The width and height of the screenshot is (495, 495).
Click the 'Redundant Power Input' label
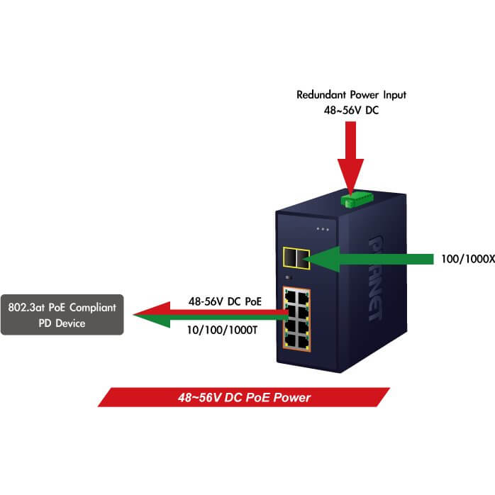pyautogui.click(x=351, y=94)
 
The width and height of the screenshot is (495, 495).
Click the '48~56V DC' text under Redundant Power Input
pyautogui.click(x=351, y=110)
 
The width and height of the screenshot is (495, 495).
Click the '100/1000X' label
pyautogui.click(x=458, y=260)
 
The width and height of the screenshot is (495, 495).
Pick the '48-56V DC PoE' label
pyautogui.click(x=224, y=301)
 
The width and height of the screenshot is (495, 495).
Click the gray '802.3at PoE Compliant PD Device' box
pyautogui.click(x=62, y=315)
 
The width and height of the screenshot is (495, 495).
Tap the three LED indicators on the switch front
pyautogui.click(x=323, y=229)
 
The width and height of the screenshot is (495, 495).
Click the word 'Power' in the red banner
pyautogui.click(x=292, y=398)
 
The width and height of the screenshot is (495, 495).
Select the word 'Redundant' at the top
pyautogui.click(x=318, y=94)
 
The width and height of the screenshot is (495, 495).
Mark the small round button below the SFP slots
pyautogui.click(x=287, y=277)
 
